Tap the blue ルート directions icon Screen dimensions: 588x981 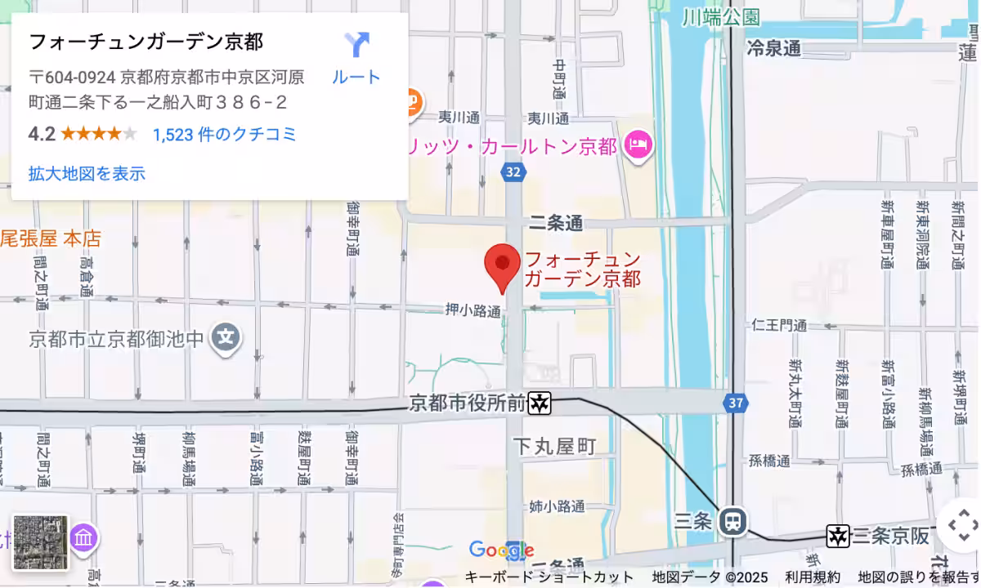click(x=356, y=45)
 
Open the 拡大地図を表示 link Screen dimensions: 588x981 click(x=87, y=173)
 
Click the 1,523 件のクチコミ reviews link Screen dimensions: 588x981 click(x=225, y=135)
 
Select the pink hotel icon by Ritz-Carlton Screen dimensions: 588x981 click(x=637, y=146)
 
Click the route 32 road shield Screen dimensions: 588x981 click(x=513, y=171)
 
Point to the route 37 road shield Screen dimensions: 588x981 click(x=736, y=403)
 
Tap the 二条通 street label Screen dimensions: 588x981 click(x=556, y=222)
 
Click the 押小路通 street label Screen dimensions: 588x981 click(x=473, y=310)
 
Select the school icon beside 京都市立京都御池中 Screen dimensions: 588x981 click(x=226, y=336)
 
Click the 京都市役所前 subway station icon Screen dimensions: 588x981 click(x=540, y=403)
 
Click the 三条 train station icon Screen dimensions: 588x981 click(x=732, y=520)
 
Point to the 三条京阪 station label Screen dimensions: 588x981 click(x=890, y=536)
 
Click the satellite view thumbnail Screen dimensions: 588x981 click(x=41, y=542)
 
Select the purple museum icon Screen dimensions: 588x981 click(x=84, y=538)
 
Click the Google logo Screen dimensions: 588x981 click(x=501, y=550)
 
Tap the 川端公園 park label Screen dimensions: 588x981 click(x=721, y=16)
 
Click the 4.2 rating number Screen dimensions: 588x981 click(x=41, y=134)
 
